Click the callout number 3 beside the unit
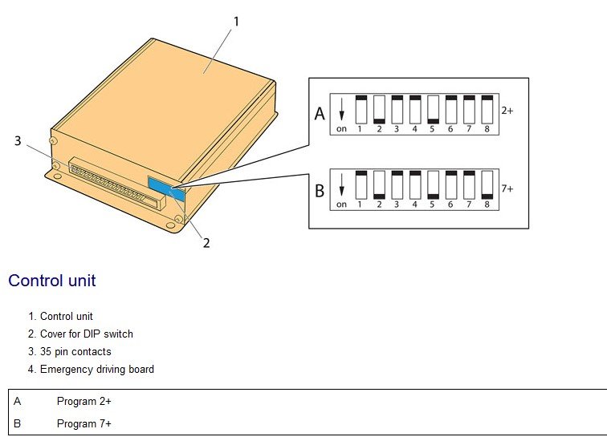tap(18, 141)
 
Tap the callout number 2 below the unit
tap(206, 243)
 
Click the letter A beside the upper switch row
tap(320, 114)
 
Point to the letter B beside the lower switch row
tap(320, 191)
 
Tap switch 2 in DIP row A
tap(379, 110)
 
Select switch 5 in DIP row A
tap(433, 110)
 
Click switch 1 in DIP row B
tap(361, 185)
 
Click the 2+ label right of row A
tap(507, 111)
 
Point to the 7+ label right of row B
tap(507, 188)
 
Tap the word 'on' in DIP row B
tap(342, 204)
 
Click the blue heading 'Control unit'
tap(52, 281)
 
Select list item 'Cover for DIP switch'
tap(86, 334)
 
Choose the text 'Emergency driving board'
tap(96, 369)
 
